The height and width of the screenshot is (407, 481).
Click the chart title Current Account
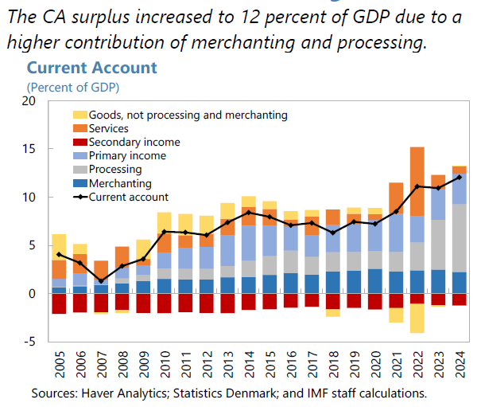92,68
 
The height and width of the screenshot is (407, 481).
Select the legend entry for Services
109,128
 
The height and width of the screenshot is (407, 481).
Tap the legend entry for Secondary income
134,142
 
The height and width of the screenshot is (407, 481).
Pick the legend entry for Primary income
127,155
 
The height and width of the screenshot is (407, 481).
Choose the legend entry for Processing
115,169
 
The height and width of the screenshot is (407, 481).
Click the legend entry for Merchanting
120,182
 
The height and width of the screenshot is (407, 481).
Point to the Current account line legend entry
128,196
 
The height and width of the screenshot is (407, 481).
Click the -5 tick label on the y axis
29,342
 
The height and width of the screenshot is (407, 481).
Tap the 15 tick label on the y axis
29,149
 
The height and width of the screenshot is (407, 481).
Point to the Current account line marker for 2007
101,281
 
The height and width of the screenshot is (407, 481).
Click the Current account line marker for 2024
460,178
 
